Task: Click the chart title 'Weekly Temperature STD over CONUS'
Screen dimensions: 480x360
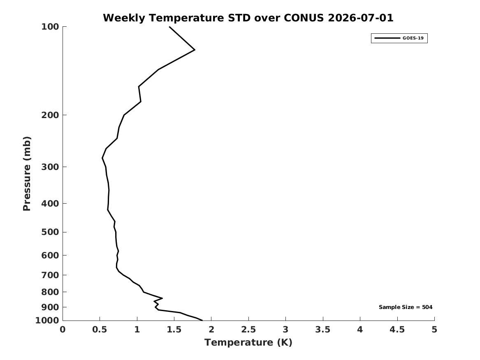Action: coord(213,18)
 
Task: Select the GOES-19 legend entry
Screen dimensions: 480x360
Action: coord(399,38)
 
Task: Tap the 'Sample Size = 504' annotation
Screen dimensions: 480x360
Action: coord(406,307)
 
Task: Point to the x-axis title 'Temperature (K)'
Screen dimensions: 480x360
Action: coord(248,342)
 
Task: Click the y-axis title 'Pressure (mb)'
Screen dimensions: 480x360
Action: coord(27,174)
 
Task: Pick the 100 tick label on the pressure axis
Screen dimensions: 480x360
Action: coord(50,27)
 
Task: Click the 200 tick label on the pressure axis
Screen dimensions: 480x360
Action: coord(50,115)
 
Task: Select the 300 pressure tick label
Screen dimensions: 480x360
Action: coord(50,167)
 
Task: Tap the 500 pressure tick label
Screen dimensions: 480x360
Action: coord(50,232)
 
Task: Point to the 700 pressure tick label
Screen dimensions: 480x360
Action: coord(50,275)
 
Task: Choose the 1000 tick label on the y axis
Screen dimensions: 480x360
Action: coord(47,320)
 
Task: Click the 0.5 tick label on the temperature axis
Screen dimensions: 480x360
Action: coord(100,330)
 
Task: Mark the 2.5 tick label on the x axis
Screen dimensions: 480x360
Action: coord(248,330)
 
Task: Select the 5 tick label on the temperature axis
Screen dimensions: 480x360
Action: coord(434,330)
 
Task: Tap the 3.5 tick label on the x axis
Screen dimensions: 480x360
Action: coord(323,330)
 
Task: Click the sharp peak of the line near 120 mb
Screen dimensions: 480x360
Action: coord(195,50)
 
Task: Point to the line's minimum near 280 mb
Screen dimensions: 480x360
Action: coord(102,158)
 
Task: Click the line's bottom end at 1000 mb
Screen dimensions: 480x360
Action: coord(202,320)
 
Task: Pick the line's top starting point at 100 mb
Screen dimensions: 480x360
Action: coord(169,27)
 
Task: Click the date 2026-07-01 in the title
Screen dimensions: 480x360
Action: coord(361,18)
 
